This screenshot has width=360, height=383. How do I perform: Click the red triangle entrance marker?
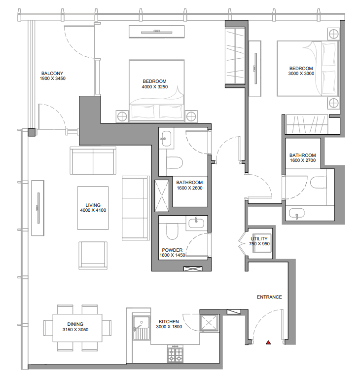[x=268, y=342]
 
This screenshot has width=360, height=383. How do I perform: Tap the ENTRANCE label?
[x=269, y=297]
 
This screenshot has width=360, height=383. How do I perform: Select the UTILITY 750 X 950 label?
[x=260, y=241]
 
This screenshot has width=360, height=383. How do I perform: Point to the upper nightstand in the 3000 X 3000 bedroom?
[x=333, y=34]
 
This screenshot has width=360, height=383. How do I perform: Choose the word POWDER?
[x=171, y=250]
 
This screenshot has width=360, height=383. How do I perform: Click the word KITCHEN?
[x=169, y=322]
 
